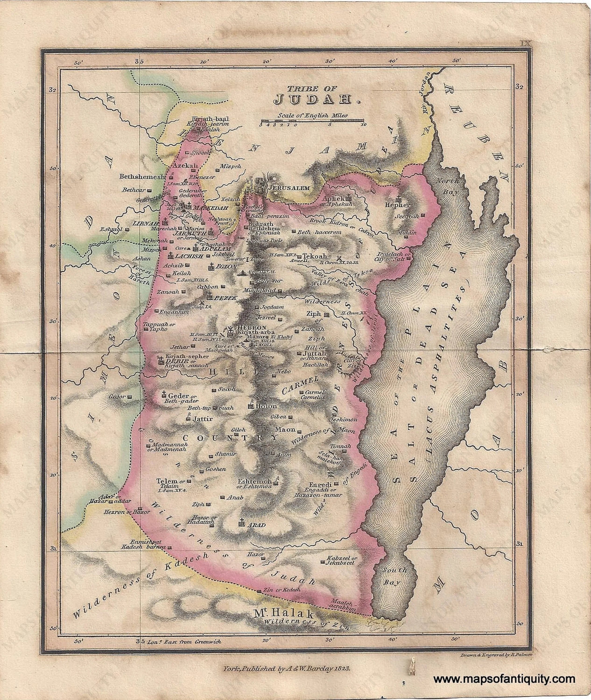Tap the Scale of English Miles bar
click(x=312, y=120)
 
